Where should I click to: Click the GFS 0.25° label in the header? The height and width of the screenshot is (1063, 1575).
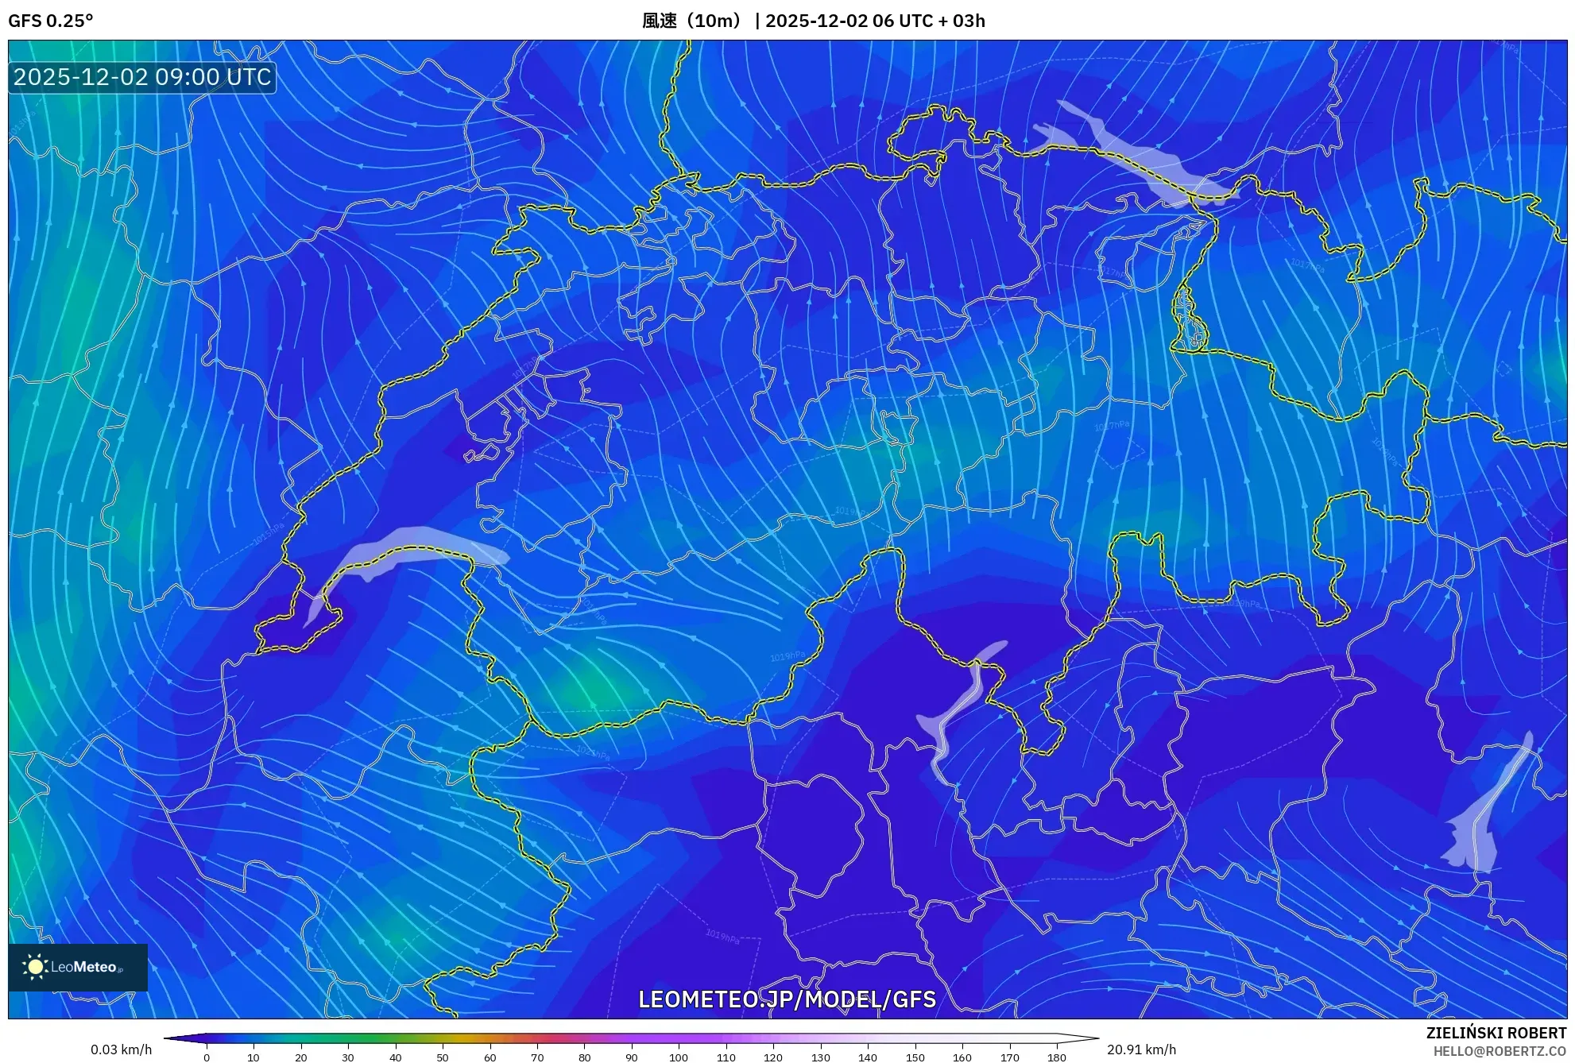[50, 21]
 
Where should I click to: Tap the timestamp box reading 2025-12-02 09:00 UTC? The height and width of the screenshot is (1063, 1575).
[142, 77]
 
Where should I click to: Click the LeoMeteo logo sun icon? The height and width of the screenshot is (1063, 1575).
[35, 967]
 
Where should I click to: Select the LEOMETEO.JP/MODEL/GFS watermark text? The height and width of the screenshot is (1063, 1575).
[787, 999]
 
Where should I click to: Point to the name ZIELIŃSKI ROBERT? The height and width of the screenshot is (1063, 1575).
[1496, 1033]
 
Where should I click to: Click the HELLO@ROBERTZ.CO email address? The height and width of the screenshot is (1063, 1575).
[1500, 1051]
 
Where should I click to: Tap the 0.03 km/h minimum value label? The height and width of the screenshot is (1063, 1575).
[121, 1049]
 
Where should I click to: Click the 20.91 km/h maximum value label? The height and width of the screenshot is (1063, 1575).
[1141, 1049]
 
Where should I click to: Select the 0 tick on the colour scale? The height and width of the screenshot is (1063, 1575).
[207, 1057]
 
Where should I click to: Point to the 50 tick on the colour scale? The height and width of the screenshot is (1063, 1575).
[443, 1057]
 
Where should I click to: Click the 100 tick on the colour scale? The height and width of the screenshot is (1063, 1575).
[679, 1057]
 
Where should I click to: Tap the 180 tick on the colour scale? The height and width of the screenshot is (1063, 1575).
[1056, 1057]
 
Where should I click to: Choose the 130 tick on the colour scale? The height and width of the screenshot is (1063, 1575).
[820, 1057]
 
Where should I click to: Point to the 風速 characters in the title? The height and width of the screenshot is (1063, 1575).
[660, 21]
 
